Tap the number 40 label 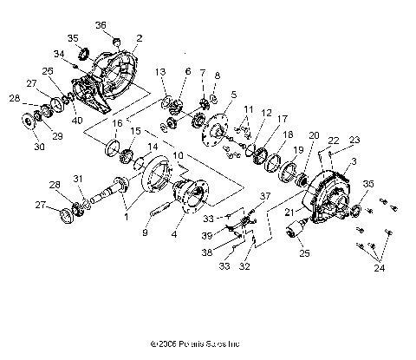[x=77, y=121]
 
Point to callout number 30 [x=38, y=147]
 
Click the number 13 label [x=160, y=71]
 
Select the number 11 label [x=249, y=110]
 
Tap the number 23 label [x=354, y=139]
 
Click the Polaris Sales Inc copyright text [x=205, y=343]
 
